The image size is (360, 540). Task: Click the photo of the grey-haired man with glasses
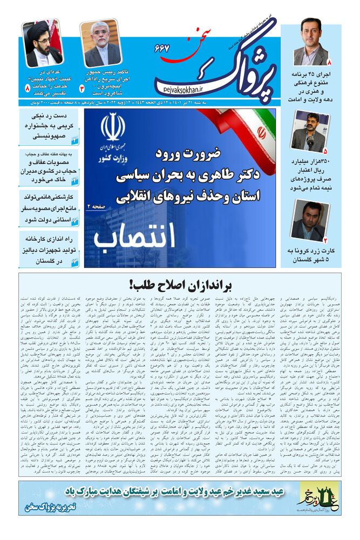click(100, 43)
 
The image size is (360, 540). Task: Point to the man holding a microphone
click(308, 131)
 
